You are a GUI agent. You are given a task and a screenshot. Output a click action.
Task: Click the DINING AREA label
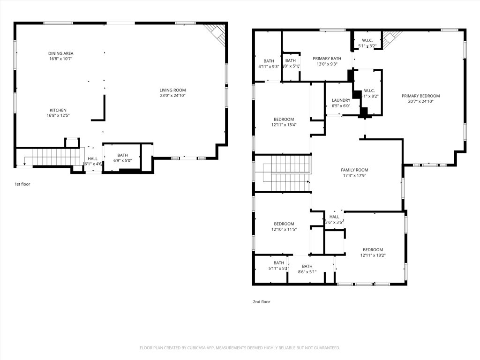(61, 53)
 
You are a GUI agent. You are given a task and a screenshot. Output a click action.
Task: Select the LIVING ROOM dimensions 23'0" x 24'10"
(173, 96)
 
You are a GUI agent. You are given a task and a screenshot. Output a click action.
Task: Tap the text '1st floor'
(22, 184)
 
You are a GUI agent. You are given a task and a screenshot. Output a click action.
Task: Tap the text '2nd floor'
(262, 302)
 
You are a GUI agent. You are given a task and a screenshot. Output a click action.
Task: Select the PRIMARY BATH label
(327, 59)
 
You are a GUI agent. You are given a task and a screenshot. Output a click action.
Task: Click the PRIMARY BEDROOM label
(420, 96)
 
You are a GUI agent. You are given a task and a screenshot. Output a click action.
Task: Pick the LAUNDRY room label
(341, 100)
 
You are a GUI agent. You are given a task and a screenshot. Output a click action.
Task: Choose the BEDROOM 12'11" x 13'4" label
(284, 119)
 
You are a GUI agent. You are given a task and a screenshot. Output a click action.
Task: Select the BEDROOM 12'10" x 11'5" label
(284, 224)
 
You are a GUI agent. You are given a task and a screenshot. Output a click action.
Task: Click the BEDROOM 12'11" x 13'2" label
(373, 249)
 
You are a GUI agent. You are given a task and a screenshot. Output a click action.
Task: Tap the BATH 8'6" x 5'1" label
(307, 266)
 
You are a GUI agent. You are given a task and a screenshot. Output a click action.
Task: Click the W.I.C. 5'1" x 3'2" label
(367, 40)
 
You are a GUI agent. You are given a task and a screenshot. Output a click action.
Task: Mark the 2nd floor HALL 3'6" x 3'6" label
(334, 217)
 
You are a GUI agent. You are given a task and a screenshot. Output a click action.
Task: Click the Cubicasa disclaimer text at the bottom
(240, 348)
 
